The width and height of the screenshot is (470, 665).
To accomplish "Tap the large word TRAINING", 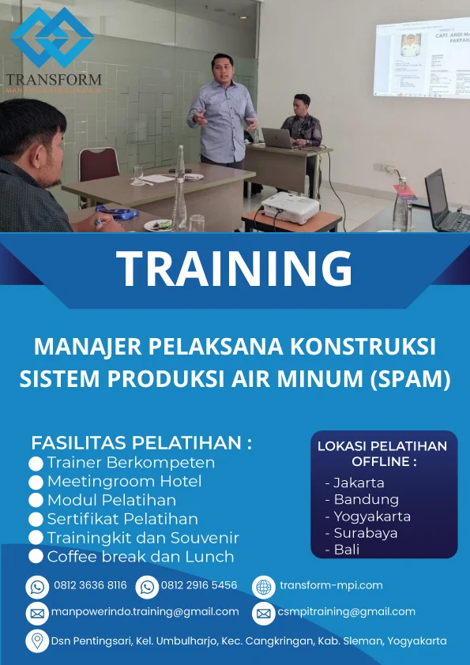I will [235, 269].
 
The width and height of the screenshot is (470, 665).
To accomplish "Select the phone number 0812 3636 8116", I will [90, 586].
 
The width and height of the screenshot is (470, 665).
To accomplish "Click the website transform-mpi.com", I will [331, 585].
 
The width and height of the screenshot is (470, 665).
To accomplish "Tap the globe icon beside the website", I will [263, 587].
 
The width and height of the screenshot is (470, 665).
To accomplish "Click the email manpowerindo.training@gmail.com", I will [145, 612].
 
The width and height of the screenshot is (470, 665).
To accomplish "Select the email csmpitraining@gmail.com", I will [346, 612].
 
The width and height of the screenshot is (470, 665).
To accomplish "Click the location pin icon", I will [36, 641].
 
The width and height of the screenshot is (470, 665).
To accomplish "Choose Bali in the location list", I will [347, 550].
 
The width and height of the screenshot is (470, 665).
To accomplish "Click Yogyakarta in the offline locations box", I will [371, 517].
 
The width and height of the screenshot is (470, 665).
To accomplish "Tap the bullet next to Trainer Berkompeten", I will [36, 464].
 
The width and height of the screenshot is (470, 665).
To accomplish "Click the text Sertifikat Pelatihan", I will [122, 519].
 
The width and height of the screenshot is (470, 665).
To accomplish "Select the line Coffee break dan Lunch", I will [141, 557].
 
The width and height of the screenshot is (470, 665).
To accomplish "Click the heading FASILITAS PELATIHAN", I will [141, 442].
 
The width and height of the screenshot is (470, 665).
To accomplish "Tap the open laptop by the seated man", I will [278, 137].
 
